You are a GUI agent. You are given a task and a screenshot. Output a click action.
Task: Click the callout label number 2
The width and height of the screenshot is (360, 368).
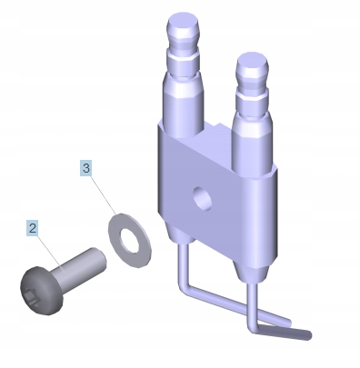click(x=33, y=228)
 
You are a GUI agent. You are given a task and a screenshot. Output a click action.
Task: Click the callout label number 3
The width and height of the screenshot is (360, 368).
click(x=86, y=167)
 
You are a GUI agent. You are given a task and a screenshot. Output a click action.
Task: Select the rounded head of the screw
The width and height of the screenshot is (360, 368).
click(x=42, y=291)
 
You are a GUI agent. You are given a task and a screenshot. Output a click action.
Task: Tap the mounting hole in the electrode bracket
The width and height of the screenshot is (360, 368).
click(x=203, y=198)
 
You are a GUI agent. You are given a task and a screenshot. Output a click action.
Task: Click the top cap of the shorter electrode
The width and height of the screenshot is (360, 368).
click(x=252, y=63)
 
